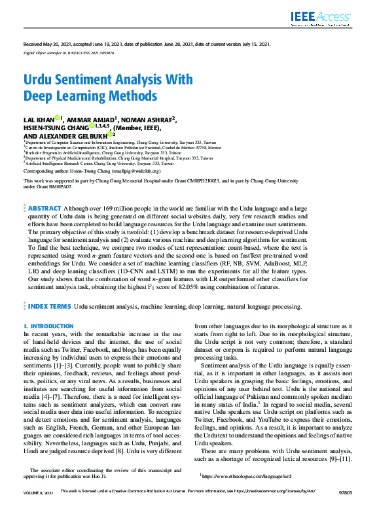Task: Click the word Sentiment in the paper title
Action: click(x=85, y=80)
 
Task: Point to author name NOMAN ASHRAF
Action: click(x=148, y=119)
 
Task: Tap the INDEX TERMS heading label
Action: click(x=49, y=305)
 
